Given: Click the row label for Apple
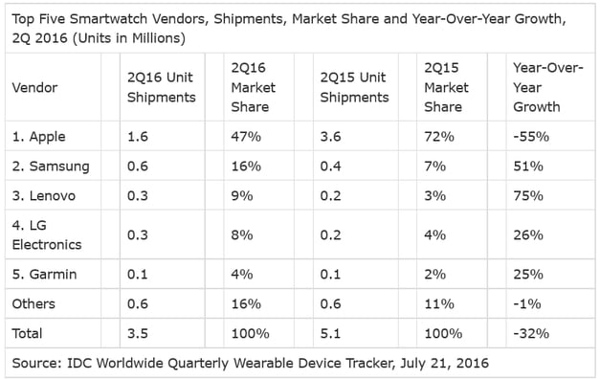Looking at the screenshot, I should click(x=41, y=136).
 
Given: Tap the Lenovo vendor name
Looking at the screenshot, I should click(x=45, y=195).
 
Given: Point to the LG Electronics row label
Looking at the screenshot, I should click(x=46, y=234).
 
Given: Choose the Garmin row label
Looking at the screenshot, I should click(x=45, y=274).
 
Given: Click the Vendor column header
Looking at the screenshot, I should click(x=33, y=87).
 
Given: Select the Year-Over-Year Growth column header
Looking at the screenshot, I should click(x=544, y=87).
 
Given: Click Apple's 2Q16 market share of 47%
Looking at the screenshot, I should click(x=245, y=136).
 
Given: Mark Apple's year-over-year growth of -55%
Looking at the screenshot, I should click(x=529, y=136).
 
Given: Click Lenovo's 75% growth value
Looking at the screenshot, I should click(x=527, y=195).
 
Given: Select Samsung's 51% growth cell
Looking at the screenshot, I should click(x=527, y=166).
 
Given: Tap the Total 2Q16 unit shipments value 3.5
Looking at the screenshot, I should click(x=138, y=334).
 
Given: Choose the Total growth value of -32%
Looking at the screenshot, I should click(x=529, y=334).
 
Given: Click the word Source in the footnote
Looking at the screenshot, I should click(x=37, y=364).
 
